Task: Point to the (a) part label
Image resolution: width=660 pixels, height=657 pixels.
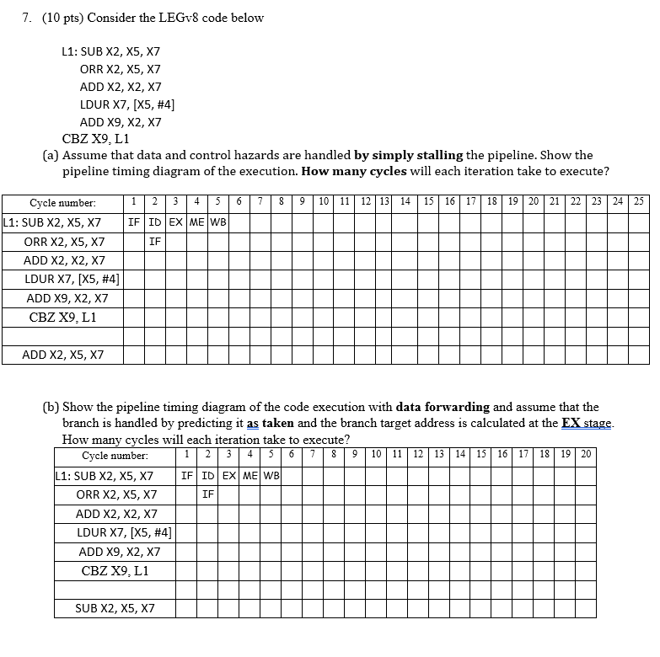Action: tap(51, 155)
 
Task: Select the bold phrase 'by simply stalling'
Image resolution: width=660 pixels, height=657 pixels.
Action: tap(408, 155)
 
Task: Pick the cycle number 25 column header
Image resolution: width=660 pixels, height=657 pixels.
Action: tap(639, 202)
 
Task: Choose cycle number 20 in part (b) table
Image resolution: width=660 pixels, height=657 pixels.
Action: tap(586, 456)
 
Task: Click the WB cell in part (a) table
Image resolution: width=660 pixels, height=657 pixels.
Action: tap(217, 222)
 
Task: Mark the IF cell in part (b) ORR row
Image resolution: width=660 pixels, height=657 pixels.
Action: tap(208, 494)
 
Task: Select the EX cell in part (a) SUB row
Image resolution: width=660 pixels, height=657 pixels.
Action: tap(175, 222)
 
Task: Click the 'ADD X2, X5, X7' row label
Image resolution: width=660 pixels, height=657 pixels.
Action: tap(63, 355)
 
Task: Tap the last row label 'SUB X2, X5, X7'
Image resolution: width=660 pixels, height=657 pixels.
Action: tap(115, 608)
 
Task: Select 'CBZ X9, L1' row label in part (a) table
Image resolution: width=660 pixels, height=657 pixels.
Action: tap(63, 318)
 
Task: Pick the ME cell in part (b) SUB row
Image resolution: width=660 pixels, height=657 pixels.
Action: tap(250, 476)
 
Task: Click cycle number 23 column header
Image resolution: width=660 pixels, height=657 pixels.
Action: tap(598, 202)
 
